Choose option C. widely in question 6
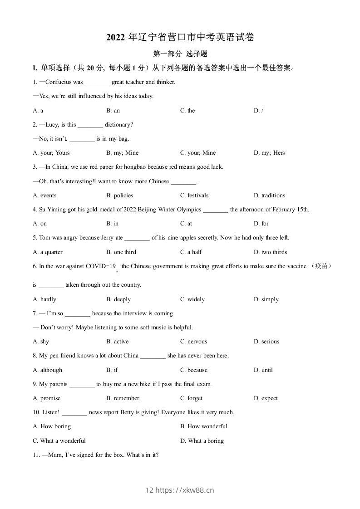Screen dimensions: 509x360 click(x=192, y=299)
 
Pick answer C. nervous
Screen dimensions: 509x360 click(x=193, y=342)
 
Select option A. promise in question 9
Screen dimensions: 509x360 click(x=46, y=398)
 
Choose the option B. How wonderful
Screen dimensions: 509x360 click(x=203, y=426)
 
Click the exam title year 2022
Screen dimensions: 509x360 click(x=116, y=38)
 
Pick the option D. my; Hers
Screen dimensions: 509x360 click(x=269, y=153)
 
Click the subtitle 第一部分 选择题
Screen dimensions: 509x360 click(x=180, y=54)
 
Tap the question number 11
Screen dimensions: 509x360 click(x=36, y=455)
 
